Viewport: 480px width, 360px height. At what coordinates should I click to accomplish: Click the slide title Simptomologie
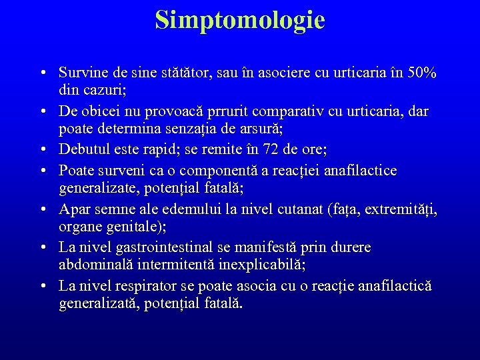pos(240,20)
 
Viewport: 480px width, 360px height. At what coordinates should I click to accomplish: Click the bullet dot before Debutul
pos(42,149)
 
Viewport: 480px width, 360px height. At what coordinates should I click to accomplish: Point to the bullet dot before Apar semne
pos(42,210)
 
